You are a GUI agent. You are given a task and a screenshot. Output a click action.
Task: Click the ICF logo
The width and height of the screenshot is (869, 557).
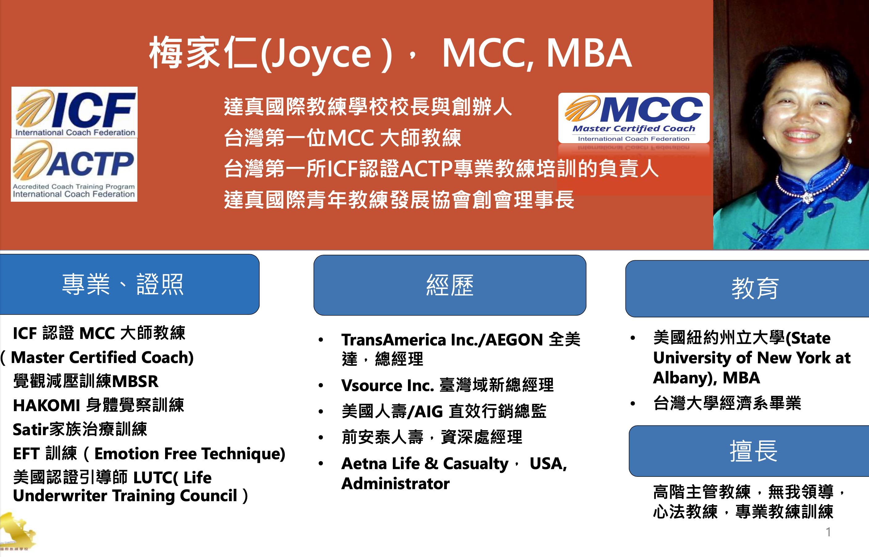(75, 112)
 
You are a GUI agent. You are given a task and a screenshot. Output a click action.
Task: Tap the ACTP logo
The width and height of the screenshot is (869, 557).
(74, 170)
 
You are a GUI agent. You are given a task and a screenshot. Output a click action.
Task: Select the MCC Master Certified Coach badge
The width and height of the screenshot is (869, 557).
(634, 118)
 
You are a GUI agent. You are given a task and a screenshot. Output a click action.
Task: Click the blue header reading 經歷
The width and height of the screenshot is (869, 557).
(450, 285)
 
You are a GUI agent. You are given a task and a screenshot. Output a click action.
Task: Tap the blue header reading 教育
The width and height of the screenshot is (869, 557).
(747, 289)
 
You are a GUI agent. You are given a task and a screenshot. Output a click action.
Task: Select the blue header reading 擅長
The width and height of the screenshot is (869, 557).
(749, 451)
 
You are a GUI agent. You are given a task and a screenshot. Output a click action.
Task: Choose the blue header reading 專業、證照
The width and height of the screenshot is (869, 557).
(130, 284)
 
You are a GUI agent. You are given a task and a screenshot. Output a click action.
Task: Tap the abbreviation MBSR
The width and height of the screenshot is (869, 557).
(135, 382)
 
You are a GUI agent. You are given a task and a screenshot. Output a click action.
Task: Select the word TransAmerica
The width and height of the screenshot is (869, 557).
(394, 340)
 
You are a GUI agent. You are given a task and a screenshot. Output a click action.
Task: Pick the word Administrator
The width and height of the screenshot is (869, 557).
(395, 484)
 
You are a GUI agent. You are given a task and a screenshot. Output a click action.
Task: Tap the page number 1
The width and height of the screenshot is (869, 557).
(828, 532)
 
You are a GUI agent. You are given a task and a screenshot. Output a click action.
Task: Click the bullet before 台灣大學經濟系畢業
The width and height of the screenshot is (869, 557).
(633, 403)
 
